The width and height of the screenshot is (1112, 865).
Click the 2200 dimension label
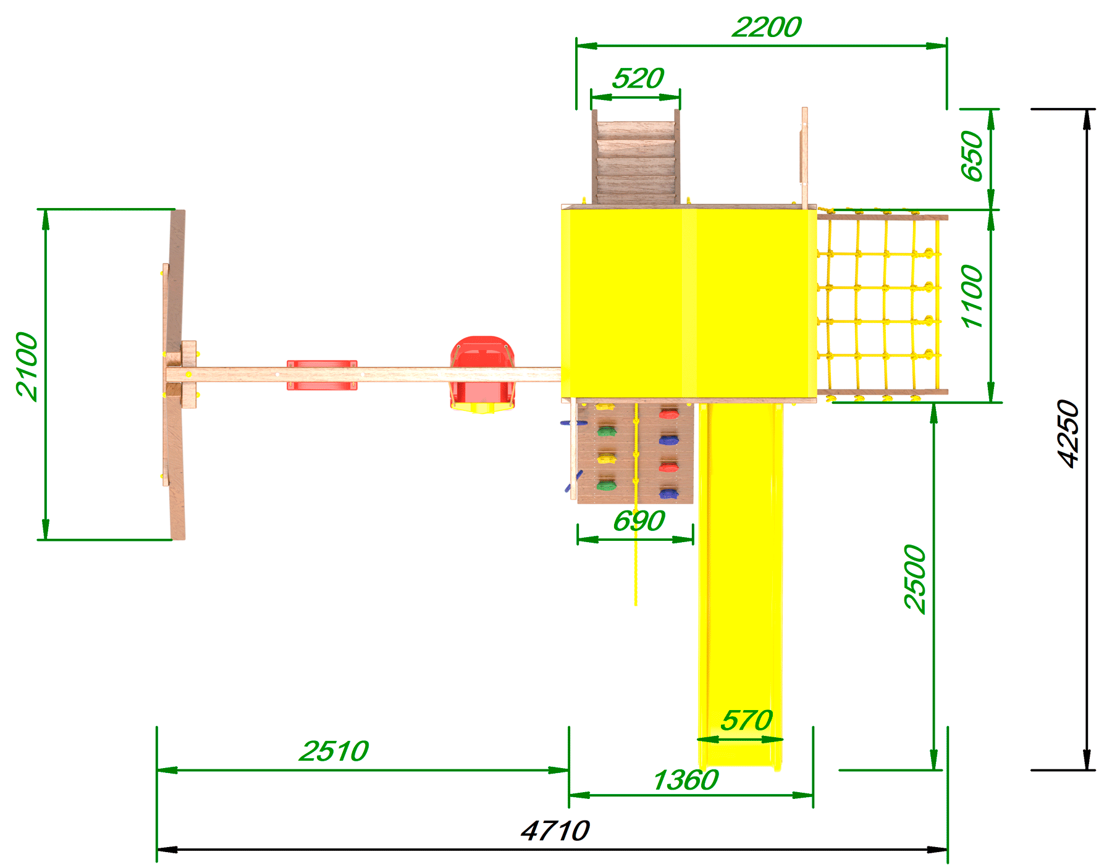tap(767, 27)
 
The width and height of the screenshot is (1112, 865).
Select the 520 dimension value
tap(638, 79)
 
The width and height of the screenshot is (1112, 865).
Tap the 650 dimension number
tap(972, 156)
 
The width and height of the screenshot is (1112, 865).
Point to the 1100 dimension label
tap(972, 296)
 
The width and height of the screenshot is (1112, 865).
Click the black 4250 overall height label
tap(1068, 433)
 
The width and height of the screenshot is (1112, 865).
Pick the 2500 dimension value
tap(915, 579)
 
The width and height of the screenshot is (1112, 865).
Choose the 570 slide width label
tap(747, 721)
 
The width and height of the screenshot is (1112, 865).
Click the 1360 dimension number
tap(686, 780)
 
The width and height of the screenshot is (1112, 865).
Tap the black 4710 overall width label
tap(555, 831)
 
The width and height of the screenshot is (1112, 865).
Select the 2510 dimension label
tap(334, 751)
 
